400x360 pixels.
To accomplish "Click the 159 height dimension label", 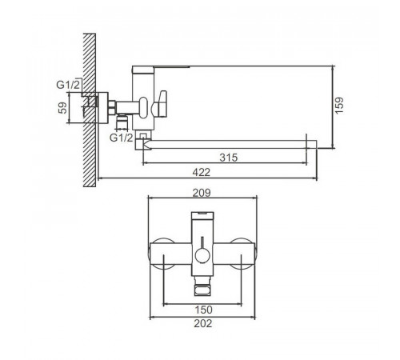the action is coord(339,106).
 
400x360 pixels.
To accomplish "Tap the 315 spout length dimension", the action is coord(229,158).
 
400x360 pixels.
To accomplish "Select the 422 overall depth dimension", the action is coord(202,172).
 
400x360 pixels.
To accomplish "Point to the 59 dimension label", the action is coord(62,108).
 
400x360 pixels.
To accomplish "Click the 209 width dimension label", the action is coord(202,193).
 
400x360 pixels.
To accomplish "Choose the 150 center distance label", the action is coord(204,310).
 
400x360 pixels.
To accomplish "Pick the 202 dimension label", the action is coord(203,323).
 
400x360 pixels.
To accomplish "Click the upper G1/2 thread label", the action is coord(68,85).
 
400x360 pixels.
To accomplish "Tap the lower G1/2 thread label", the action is coord(121,138).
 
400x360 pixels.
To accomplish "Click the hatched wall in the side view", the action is coord(90,110).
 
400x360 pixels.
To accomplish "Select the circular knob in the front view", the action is coord(202,255).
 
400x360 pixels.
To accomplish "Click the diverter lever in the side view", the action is coord(161,104).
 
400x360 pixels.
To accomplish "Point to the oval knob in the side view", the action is coord(143,107).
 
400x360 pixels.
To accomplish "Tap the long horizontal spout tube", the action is coord(230,144).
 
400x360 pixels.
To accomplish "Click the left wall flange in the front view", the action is coord(162,254).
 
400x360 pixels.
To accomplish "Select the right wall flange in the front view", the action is coord(243,254).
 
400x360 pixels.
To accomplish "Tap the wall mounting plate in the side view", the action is coord(102,108).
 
